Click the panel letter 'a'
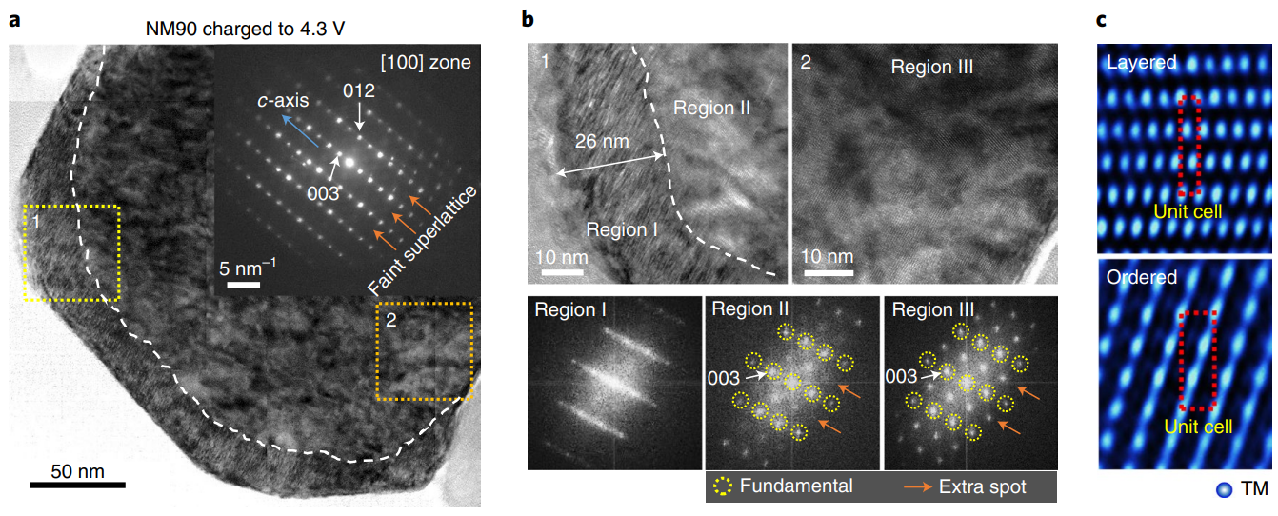tap(15, 20)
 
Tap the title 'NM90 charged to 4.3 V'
tap(245, 29)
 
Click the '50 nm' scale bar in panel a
tap(77, 485)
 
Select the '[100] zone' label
tap(426, 62)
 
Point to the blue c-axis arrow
tap(301, 131)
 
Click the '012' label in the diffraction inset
tap(359, 90)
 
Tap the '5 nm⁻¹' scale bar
tap(244, 284)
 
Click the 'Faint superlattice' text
tap(422, 240)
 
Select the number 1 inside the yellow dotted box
tap(36, 222)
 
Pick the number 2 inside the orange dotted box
tap(390, 320)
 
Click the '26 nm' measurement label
tap(602, 141)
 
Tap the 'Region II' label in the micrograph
tap(711, 108)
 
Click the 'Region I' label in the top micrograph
tap(622, 229)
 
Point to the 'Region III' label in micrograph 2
tap(932, 67)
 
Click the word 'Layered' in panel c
tap(1141, 62)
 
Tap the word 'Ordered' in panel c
tap(1142, 277)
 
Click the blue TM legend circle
tap(1224, 489)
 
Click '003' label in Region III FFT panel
tap(901, 376)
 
